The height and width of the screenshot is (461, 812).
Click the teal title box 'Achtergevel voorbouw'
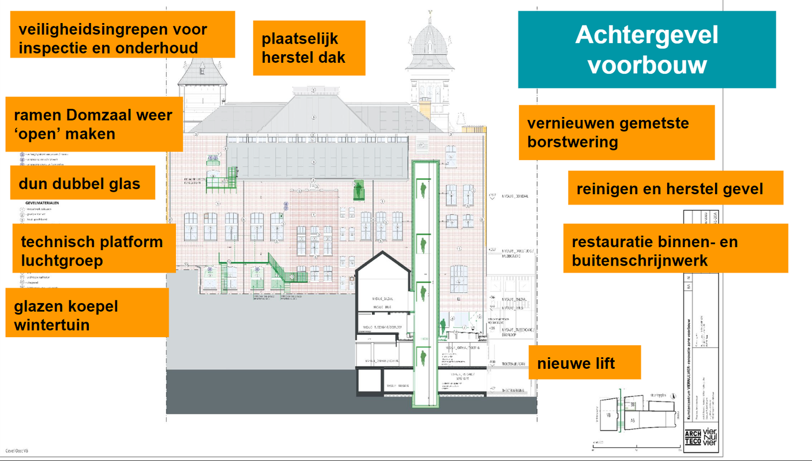pyautogui.click(x=646, y=50)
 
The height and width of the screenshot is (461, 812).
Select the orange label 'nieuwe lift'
pyautogui.click(x=584, y=362)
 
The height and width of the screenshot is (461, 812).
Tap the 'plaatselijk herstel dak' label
pyautogui.click(x=309, y=48)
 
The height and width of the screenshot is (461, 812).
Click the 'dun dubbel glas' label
pyautogui.click(x=82, y=183)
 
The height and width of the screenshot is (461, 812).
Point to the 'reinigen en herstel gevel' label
pyautogui.click(x=675, y=188)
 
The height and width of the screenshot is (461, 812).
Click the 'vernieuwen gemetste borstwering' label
pyautogui.click(x=616, y=132)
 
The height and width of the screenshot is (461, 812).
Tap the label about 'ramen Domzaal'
pyautogui.click(x=94, y=124)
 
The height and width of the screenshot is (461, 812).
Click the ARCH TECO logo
pyautogui.click(x=693, y=439)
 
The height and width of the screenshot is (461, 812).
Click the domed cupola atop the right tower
pyautogui.click(x=430, y=40)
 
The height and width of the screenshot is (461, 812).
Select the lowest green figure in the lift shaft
pyautogui.click(x=424, y=357)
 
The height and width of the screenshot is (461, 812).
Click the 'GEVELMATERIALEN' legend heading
pyautogui.click(x=42, y=203)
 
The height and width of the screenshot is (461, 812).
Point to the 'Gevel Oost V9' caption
pyautogui.click(x=17, y=451)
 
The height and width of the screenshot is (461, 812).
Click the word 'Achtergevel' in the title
pyautogui.click(x=646, y=36)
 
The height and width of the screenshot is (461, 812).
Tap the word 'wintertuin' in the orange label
pyautogui.click(x=52, y=325)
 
